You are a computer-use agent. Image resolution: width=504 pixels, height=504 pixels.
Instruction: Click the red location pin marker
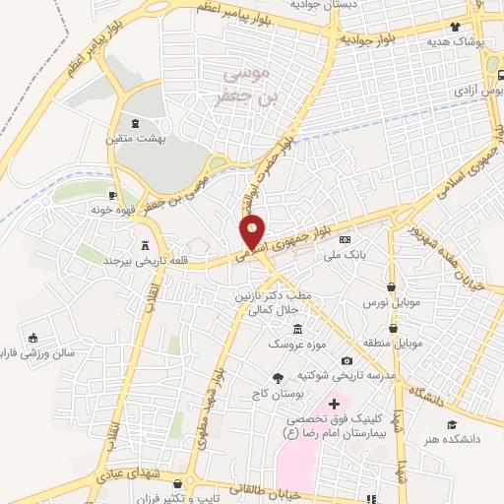tap(253, 232)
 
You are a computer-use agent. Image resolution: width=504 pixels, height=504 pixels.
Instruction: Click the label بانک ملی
tap(348, 253)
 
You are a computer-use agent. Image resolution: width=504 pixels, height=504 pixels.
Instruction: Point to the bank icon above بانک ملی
tap(345, 239)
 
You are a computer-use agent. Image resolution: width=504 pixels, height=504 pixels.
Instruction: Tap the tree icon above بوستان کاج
tap(280, 377)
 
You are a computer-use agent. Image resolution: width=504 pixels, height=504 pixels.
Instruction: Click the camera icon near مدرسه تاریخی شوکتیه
tap(346, 361)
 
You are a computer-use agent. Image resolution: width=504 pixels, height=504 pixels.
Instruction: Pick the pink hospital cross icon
tap(334, 404)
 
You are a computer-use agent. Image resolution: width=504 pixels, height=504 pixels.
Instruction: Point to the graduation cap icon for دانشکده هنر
tap(452, 424)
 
